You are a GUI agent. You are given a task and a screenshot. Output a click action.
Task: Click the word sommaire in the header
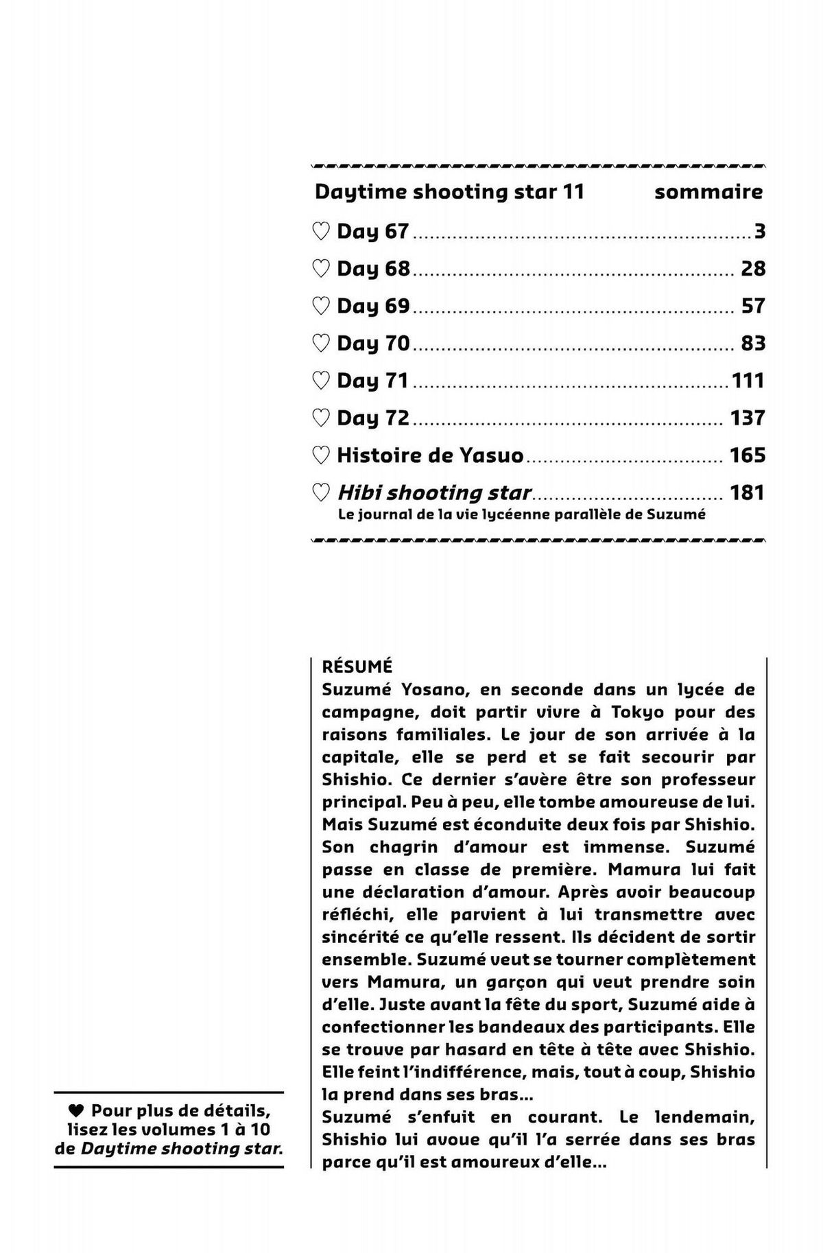[708, 192]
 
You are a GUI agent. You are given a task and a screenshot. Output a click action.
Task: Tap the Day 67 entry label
[372, 232]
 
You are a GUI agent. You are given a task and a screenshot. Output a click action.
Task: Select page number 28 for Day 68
[752, 268]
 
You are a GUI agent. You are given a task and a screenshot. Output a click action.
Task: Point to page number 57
[752, 306]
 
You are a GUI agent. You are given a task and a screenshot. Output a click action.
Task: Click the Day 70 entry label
[372, 343]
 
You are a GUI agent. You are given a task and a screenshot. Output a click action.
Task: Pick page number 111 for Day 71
[748, 381]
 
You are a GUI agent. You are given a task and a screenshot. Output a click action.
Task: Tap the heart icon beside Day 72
[320, 418]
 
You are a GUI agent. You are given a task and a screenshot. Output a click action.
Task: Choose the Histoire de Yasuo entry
[430, 455]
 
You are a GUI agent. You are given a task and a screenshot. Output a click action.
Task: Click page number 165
[747, 455]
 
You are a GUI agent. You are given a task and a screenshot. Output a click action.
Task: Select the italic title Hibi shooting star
[434, 492]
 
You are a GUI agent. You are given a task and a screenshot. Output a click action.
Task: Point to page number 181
[747, 492]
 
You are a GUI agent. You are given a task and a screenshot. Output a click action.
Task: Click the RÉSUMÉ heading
[357, 666]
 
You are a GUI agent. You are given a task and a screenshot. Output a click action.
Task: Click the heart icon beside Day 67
[320, 232]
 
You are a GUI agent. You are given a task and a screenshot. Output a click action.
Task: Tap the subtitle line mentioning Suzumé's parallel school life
[521, 514]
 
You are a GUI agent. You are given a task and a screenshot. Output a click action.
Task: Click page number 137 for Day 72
[747, 418]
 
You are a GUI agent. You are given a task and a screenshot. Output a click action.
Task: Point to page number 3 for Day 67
[759, 232]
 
